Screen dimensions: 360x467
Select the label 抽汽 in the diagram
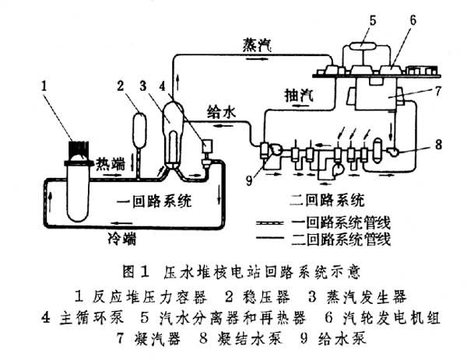coord(297,95)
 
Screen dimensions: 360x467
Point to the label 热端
coord(110,163)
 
